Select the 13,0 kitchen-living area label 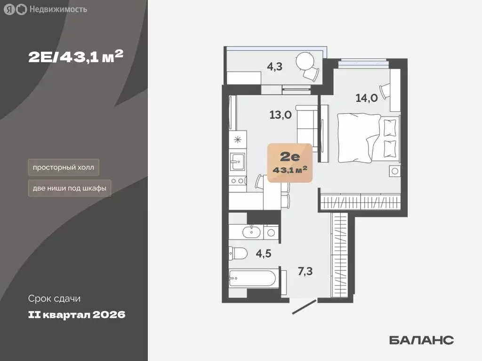click(281, 114)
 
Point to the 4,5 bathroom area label click(264, 254)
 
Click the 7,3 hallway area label click(305, 271)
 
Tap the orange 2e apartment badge click(290, 163)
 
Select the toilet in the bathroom click(239, 254)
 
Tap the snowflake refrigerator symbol click(238, 139)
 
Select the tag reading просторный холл click(64, 167)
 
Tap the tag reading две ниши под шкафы click(70, 189)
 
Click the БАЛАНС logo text click(421, 340)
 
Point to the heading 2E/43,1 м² click(75, 56)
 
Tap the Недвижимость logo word click(58, 9)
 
